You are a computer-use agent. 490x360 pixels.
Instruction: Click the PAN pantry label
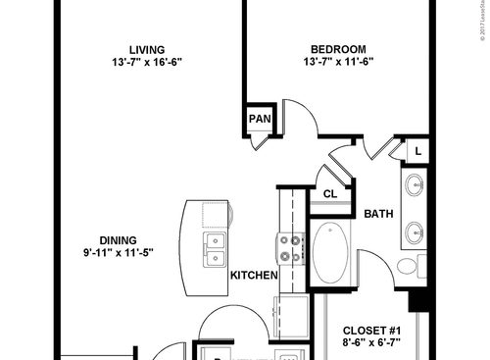259,120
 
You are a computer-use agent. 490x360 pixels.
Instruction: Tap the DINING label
117,239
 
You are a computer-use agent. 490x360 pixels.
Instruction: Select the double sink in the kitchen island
215,249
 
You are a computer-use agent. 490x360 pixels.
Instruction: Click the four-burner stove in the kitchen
289,249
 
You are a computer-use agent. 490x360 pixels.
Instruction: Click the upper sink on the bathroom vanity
414,184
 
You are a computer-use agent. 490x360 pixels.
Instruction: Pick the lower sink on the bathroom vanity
414,231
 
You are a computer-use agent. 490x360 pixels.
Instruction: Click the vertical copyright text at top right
483,29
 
